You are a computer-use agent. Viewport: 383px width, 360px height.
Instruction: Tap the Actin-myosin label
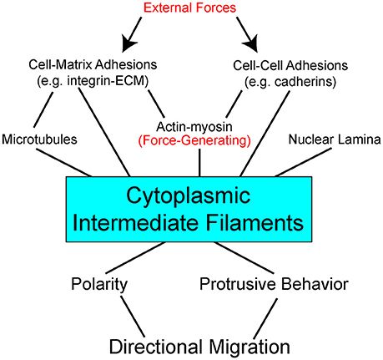point(194,124)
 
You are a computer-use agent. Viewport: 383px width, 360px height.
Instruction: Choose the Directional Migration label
point(191,344)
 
